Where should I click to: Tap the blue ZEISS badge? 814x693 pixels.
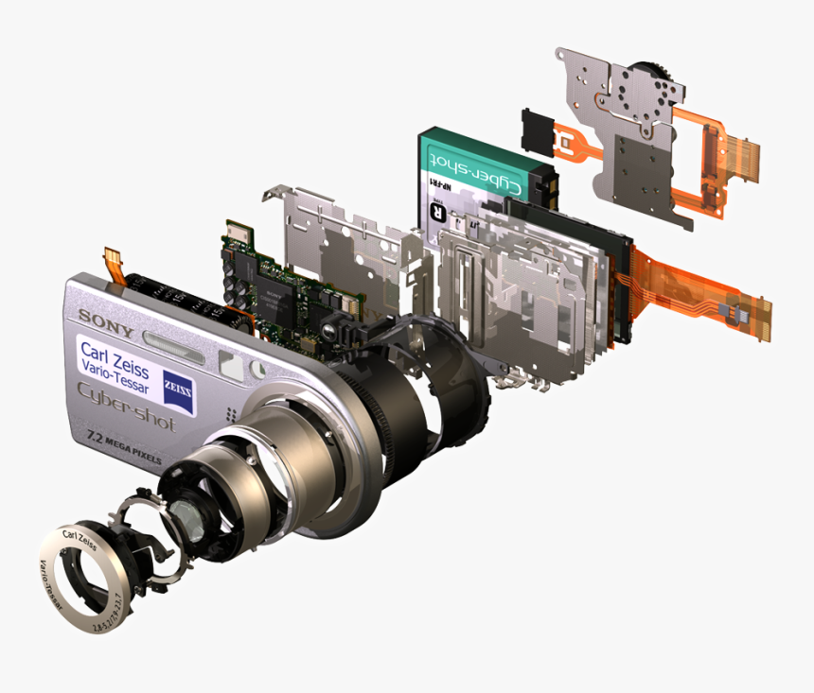pyautogui.click(x=177, y=386)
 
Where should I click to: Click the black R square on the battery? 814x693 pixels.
pyautogui.click(x=437, y=212)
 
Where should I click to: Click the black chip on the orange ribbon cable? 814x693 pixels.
pyautogui.click(x=736, y=309)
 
